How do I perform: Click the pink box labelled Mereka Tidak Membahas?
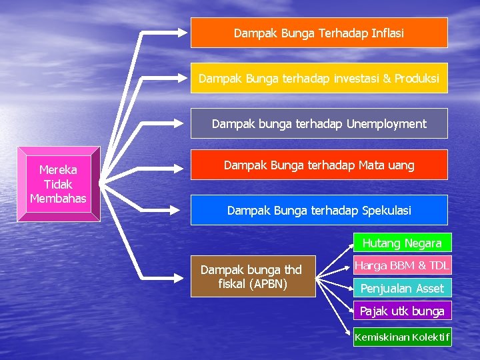tap(58, 183)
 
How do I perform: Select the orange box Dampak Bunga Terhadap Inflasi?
tap(319, 33)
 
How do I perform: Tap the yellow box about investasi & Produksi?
tap(319, 78)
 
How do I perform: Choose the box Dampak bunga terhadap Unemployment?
tap(319, 123)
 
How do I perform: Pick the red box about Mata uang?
tap(319, 165)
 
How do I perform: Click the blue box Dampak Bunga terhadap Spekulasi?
tap(319, 210)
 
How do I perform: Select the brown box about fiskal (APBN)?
tap(253, 276)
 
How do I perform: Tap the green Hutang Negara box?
tap(401, 243)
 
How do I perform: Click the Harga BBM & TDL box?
tap(401, 265)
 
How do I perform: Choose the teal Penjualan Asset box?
tap(401, 288)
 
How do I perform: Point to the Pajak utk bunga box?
tap(401, 311)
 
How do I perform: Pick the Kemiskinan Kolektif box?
tap(401, 337)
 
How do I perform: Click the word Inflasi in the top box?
tap(385, 33)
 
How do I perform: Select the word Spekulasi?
tap(387, 210)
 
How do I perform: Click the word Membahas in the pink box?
tap(58, 198)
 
